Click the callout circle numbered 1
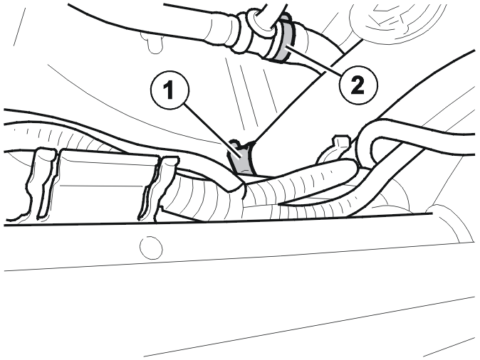pyautogui.click(x=169, y=90)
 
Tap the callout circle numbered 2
pyautogui.click(x=358, y=85)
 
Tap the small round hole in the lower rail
pyautogui.click(x=151, y=248)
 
